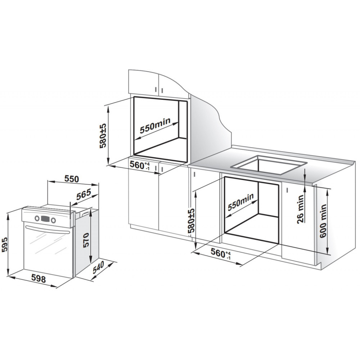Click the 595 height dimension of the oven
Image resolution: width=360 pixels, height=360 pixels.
point(5,244)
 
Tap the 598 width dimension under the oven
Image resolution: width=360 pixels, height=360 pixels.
point(39,279)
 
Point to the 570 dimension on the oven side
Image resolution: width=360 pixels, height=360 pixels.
point(86,240)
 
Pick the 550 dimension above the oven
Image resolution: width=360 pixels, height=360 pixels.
point(71,179)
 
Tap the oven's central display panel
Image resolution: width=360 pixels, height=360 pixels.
point(45,219)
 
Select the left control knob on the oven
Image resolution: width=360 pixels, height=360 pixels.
point(37,218)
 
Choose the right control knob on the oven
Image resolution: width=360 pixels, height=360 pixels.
point(53,220)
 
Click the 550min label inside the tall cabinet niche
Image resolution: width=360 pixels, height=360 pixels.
point(155,126)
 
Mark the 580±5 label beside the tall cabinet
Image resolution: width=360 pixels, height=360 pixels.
point(103,136)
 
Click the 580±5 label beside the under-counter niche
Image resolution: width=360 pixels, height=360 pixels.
point(191,221)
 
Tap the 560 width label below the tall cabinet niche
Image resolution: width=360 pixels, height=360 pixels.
point(140,165)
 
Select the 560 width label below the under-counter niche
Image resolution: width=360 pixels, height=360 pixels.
point(221,253)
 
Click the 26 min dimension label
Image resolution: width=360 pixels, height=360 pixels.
point(300,209)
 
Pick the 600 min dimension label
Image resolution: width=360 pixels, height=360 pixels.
point(323,221)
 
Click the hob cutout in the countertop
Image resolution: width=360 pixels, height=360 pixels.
point(269,165)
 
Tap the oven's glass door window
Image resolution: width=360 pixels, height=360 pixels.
point(47,251)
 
